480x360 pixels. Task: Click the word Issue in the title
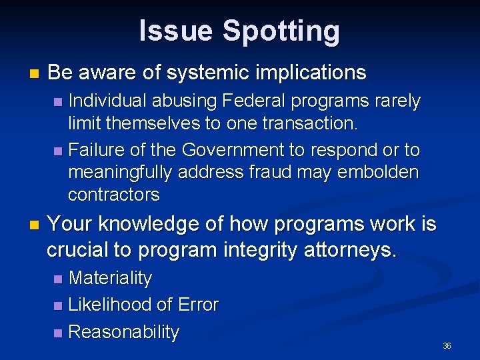[177, 31]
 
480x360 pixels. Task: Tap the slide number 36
[447, 346]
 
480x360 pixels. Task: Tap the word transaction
[312, 123]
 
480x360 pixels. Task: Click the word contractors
[114, 195]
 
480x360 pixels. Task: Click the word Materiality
[110, 278]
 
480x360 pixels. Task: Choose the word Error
[197, 305]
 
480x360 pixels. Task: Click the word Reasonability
[123, 332]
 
